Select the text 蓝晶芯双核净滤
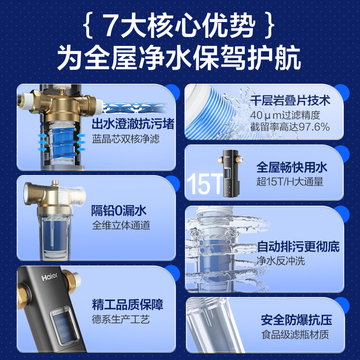pyautogui.click(x=126, y=139)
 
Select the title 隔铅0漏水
pyautogui.click(x=119, y=210)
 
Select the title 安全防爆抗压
pyautogui.click(x=296, y=320)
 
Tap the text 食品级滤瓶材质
pyautogui.click(x=295, y=335)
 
